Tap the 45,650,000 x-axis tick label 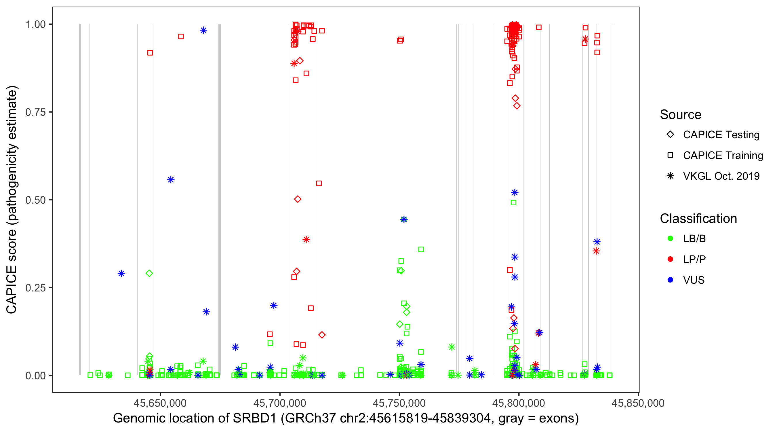[x=160, y=403]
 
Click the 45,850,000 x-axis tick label [x=638, y=403]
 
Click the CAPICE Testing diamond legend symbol [x=670, y=135]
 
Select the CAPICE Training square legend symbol [x=670, y=156]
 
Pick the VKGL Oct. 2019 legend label [x=721, y=176]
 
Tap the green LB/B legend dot [x=670, y=238]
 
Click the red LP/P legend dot [x=670, y=259]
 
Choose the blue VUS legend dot [x=670, y=280]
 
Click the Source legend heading [x=681, y=115]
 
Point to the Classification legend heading [x=698, y=219]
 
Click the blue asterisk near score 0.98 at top [x=203, y=30]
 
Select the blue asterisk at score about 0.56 [x=171, y=180]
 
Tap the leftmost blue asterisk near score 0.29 [x=121, y=274]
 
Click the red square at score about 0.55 [x=319, y=183]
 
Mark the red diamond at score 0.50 [x=298, y=199]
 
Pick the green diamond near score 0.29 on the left [x=149, y=274]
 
